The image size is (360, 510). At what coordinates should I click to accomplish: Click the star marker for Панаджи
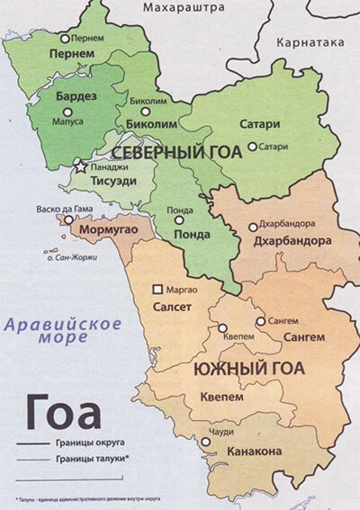point(81,166)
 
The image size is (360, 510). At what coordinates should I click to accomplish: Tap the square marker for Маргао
point(159,290)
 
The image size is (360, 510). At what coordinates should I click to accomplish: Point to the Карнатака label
point(311,42)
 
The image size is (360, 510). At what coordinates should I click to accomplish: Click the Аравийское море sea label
point(50,330)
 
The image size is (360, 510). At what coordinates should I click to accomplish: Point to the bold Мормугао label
point(109,230)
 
